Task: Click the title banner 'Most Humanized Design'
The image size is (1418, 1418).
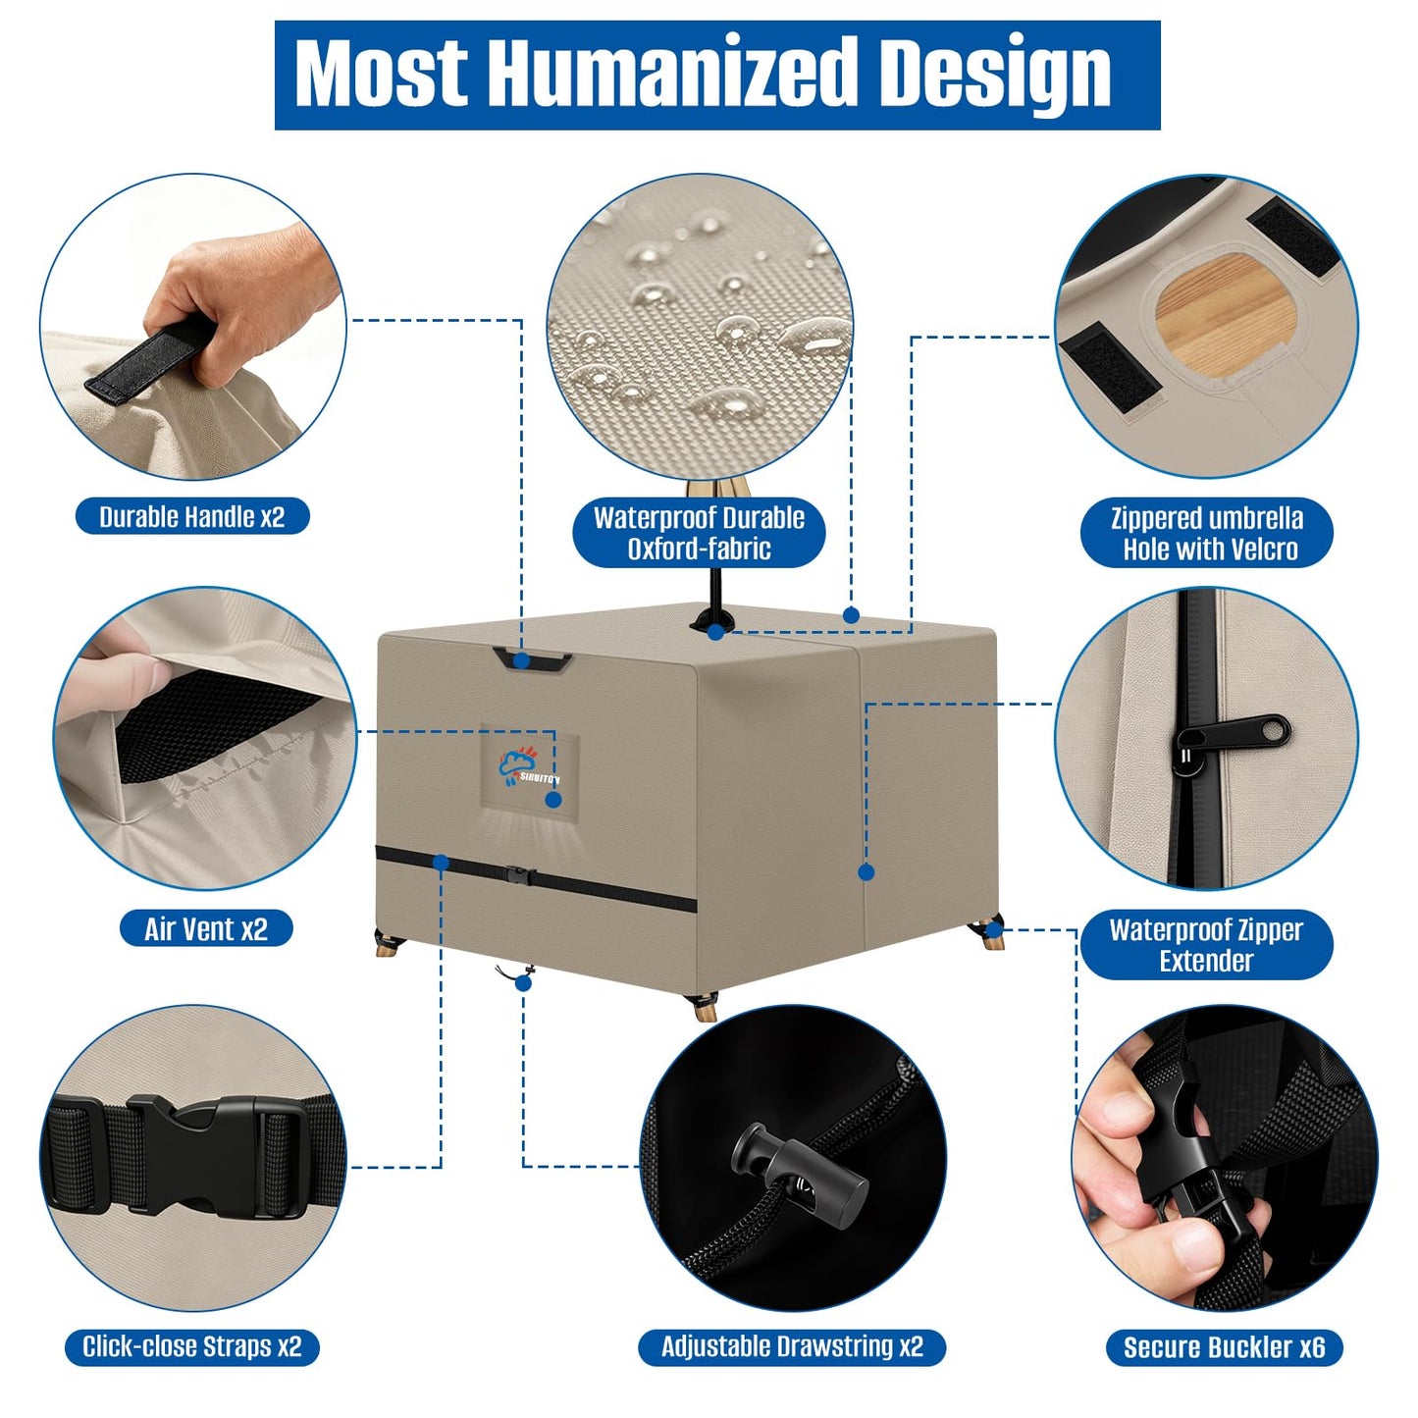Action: [x=716, y=75]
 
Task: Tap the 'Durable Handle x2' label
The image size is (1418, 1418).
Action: [x=192, y=516]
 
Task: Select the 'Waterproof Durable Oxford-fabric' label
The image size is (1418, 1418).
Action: [x=699, y=534]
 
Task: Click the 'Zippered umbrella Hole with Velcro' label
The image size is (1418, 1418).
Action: [x=1207, y=534]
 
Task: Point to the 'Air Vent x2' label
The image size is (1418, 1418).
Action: [x=206, y=928]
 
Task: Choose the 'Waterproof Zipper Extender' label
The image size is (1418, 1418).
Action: [x=1207, y=946]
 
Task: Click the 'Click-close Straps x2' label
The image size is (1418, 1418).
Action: [x=192, y=1347]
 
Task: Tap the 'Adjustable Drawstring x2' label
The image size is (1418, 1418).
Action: [x=792, y=1347]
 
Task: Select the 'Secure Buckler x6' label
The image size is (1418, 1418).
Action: [x=1225, y=1347]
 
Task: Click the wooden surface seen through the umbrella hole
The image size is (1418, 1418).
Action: [x=1226, y=313]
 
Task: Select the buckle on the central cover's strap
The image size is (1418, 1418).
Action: [x=521, y=876]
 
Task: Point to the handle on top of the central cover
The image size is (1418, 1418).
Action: [x=533, y=659]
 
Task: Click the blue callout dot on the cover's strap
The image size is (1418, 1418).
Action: [x=441, y=862]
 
